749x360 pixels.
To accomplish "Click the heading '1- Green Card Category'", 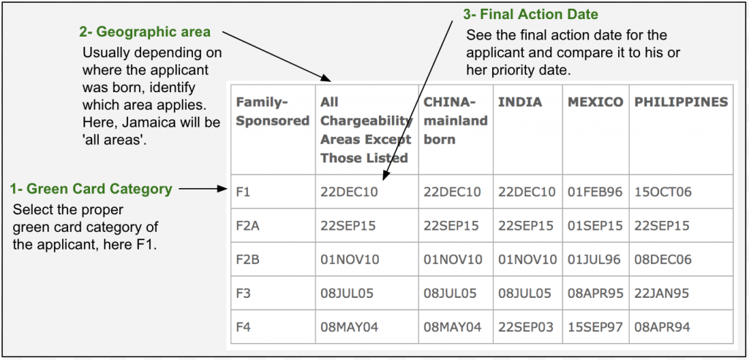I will coord(91,190).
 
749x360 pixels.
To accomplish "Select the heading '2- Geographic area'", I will coord(144,32).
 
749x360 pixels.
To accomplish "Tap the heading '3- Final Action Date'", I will coord(531,15).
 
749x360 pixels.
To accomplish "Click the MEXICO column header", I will coord(595,102).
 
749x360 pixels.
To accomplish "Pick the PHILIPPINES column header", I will coord(680,102).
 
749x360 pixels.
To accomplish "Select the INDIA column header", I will coord(520,102).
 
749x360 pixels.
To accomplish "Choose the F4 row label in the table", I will coord(243,327).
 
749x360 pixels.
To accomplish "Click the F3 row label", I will coord(243,293).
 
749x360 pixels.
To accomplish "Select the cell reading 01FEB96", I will coord(595,192).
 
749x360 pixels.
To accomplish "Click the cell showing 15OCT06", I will coord(663,192).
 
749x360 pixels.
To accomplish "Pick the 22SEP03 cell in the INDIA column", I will coord(526,327).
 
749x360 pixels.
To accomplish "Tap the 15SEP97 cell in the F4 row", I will coord(595,327).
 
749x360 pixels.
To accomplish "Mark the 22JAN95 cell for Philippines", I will coord(663,293).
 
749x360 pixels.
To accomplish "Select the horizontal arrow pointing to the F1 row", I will coord(204,190).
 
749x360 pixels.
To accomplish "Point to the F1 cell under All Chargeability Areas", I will coord(348,192).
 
